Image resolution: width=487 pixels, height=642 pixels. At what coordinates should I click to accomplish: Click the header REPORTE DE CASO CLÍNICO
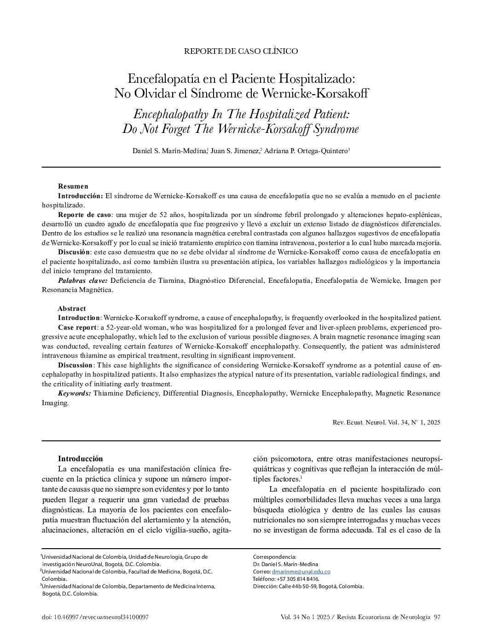pyautogui.click(x=241, y=51)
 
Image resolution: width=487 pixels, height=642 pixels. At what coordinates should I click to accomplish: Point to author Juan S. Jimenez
pyautogui.click(x=235, y=151)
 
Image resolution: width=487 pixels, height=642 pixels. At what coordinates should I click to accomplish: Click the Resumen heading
pyautogui.click(x=73, y=186)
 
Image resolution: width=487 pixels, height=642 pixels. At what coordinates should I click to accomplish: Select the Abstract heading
pyautogui.click(x=71, y=309)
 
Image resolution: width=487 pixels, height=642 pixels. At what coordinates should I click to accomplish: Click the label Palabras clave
pyautogui.click(x=83, y=281)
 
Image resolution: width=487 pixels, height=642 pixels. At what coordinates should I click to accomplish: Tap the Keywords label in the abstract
pyautogui.click(x=74, y=393)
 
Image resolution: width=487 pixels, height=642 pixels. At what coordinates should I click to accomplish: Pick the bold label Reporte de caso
pyautogui.click(x=84, y=215)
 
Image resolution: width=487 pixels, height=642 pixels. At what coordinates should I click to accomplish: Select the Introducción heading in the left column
pyautogui.click(x=80, y=459)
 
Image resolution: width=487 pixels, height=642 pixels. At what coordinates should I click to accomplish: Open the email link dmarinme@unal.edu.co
pyautogui.click(x=301, y=572)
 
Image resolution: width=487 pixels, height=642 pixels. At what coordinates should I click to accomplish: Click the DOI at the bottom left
pyautogui.click(x=95, y=617)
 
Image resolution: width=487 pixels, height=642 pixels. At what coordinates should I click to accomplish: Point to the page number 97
pyautogui.click(x=437, y=617)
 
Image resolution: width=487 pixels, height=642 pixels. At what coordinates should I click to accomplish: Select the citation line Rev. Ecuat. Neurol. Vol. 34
pyautogui.click(x=386, y=422)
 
